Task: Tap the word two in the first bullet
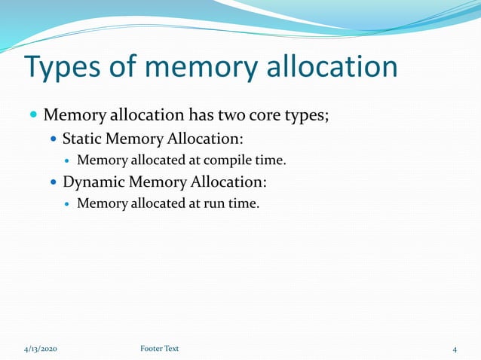(232, 116)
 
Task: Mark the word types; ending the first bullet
(306, 117)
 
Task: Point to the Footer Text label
(160, 349)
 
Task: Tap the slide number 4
(455, 349)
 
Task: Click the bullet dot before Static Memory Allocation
(53, 139)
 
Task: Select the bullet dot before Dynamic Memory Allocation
(53, 182)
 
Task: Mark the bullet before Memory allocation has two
(32, 117)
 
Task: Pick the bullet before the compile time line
(68, 160)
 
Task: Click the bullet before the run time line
(68, 203)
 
